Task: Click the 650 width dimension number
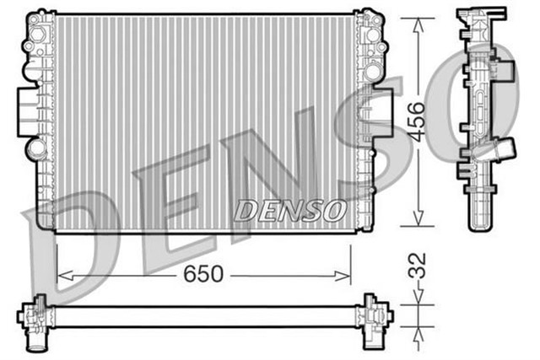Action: [x=203, y=274]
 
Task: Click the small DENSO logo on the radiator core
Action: [x=289, y=210]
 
